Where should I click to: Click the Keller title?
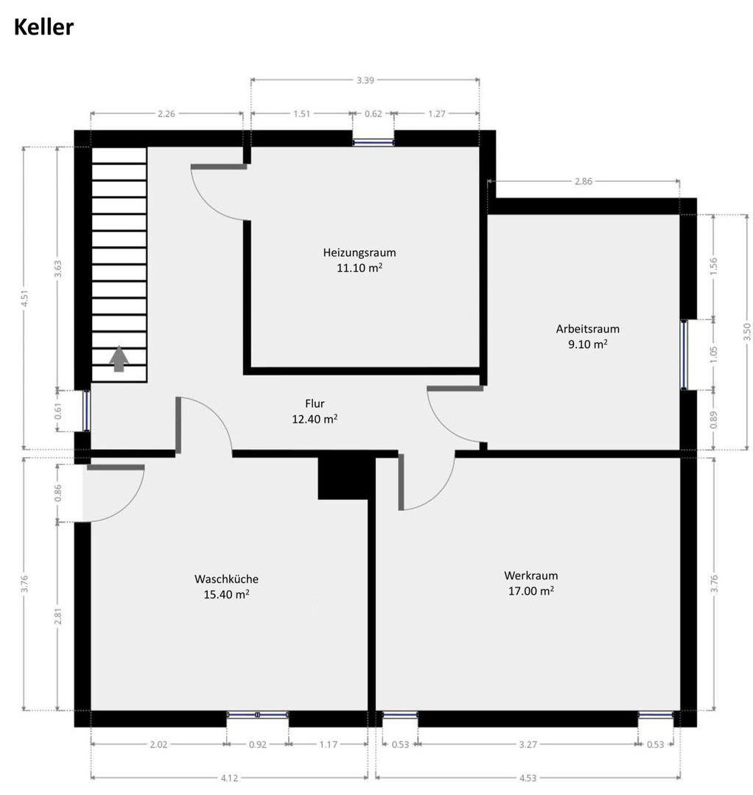(43, 28)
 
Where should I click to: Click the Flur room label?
(315, 403)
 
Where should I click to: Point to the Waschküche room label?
(226, 579)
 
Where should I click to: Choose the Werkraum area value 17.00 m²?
(530, 590)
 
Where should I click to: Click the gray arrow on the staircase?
(119, 359)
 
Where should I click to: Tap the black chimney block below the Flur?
(343, 478)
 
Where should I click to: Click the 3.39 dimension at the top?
(365, 80)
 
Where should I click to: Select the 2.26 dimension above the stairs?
(167, 113)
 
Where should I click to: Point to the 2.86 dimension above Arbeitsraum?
(584, 181)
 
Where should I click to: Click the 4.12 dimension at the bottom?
(228, 776)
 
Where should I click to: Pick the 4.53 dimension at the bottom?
(528, 776)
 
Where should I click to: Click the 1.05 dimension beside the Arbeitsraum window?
(712, 353)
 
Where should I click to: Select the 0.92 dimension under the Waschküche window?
(257, 744)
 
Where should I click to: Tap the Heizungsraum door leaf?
(218, 167)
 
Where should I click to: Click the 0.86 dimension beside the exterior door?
(59, 493)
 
